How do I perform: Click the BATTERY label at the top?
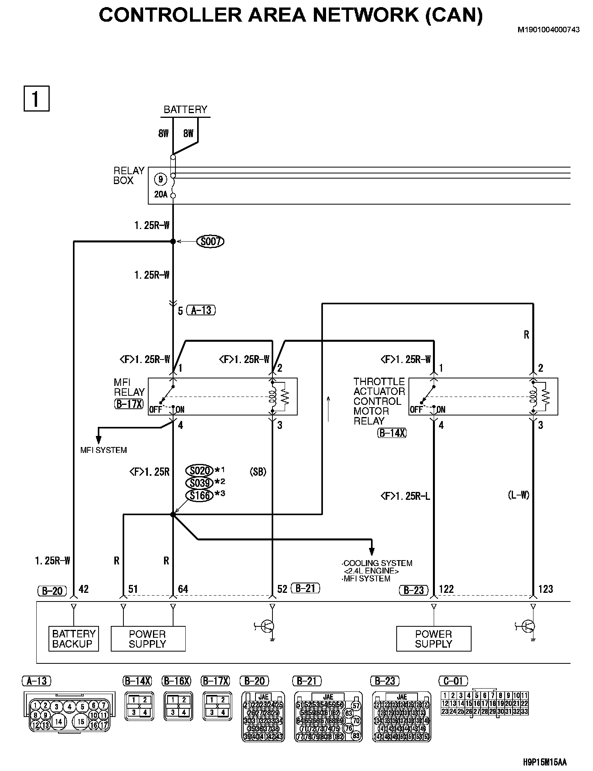pyautogui.click(x=185, y=110)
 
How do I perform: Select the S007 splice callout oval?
pyautogui.click(x=210, y=241)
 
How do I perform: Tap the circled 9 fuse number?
pyautogui.click(x=160, y=180)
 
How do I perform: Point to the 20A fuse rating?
pyautogui.click(x=161, y=194)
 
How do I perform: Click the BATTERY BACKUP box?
pyautogui.click(x=74, y=639)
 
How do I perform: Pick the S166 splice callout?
pyautogui.click(x=200, y=495)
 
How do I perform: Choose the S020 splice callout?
pyautogui.click(x=200, y=471)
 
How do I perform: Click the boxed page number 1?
pyautogui.click(x=36, y=99)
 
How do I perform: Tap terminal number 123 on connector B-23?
pyautogui.click(x=545, y=589)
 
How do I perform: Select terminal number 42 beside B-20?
pyautogui.click(x=84, y=589)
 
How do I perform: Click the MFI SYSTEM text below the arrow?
pyautogui.click(x=104, y=450)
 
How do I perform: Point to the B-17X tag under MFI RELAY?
pyautogui.click(x=129, y=404)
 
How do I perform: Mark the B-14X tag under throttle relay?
pyautogui.click(x=392, y=433)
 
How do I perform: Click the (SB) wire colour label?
pyautogui.click(x=258, y=472)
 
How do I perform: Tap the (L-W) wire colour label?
pyautogui.click(x=518, y=495)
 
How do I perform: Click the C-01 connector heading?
pyautogui.click(x=453, y=681)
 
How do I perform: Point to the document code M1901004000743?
pyautogui.click(x=549, y=30)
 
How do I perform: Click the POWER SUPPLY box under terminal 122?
pyautogui.click(x=433, y=639)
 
